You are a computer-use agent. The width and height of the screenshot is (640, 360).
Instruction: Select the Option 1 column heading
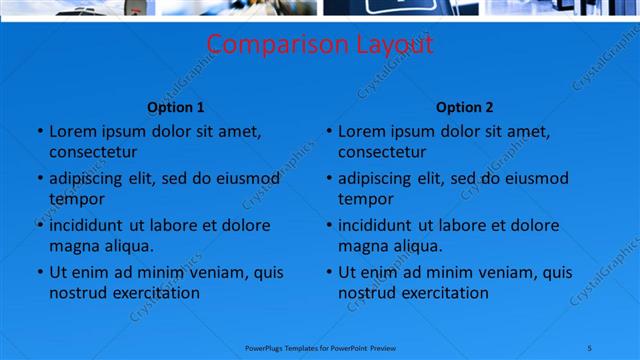[176, 108]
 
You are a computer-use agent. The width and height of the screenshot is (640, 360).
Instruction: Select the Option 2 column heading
[465, 108]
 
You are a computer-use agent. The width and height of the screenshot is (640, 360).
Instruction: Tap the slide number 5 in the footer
[589, 348]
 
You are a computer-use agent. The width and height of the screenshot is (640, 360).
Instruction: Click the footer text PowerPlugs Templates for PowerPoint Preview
[321, 348]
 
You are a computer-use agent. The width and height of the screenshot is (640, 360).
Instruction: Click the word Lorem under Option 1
[72, 131]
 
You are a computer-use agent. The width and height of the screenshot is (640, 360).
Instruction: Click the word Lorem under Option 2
[361, 131]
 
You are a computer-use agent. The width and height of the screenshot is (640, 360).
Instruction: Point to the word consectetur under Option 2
[382, 152]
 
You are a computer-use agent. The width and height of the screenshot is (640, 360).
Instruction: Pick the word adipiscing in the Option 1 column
[88, 179]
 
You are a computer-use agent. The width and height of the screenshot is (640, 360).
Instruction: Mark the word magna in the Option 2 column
[361, 246]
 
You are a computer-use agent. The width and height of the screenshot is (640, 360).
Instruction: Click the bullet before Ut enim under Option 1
[39, 272]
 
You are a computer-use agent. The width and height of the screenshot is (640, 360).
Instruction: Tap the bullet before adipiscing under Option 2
[328, 179]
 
